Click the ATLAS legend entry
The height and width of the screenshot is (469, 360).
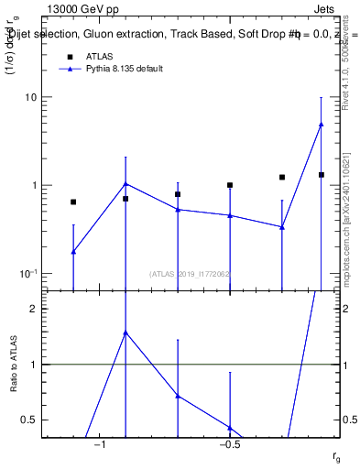click(99, 57)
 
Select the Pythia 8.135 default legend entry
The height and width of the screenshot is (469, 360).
click(124, 69)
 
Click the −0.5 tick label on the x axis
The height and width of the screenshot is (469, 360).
click(229, 444)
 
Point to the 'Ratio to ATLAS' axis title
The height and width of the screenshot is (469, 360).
click(14, 365)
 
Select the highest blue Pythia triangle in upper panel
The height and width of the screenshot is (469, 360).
click(321, 125)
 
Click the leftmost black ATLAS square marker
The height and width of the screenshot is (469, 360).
click(73, 202)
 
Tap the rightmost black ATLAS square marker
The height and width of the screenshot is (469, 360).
click(322, 175)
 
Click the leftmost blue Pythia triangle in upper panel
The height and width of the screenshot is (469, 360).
click(73, 251)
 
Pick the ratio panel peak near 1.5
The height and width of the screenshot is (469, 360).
click(125, 333)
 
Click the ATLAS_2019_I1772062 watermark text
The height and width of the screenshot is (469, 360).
click(191, 273)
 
